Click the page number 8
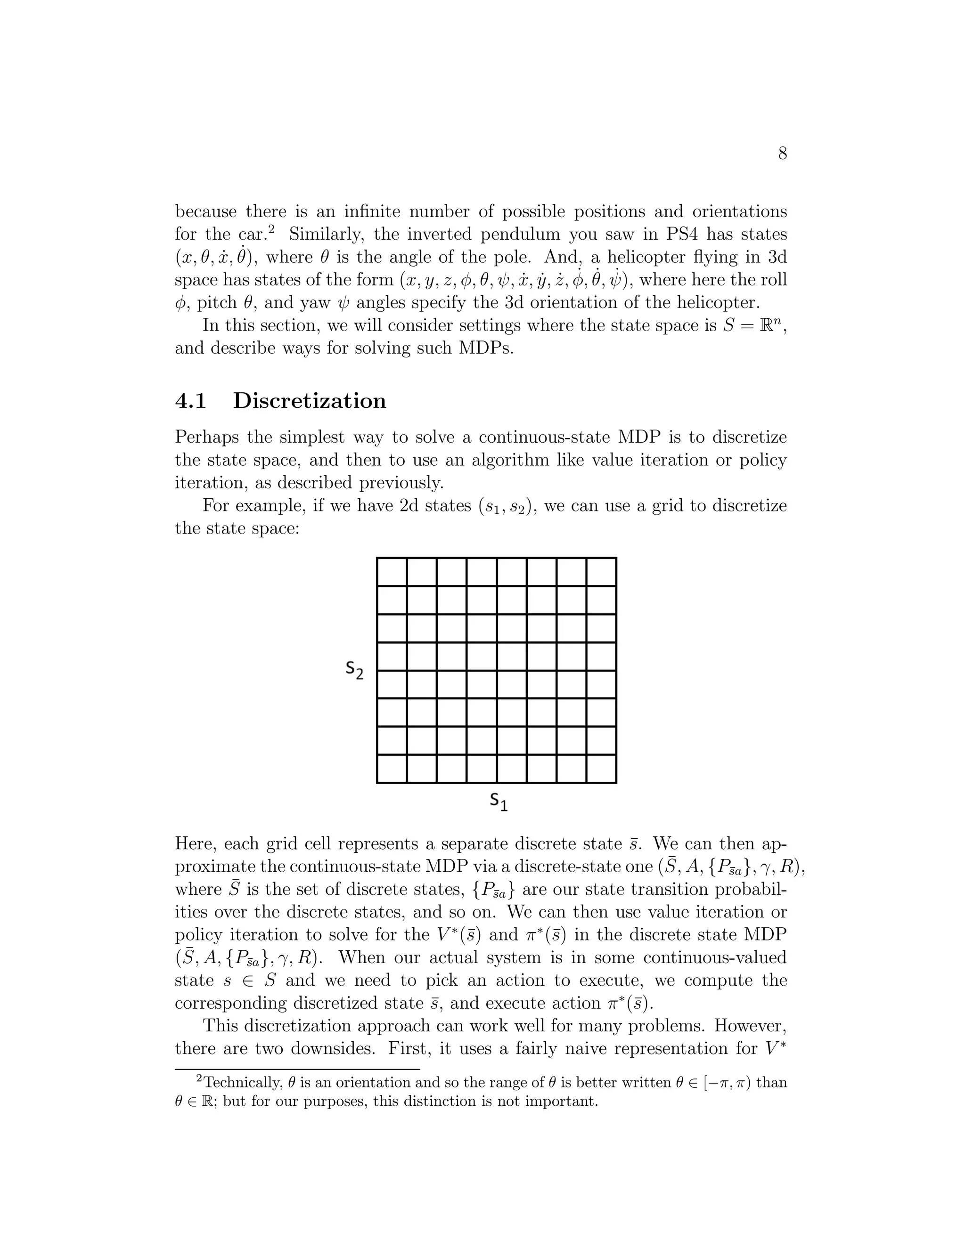click(x=782, y=153)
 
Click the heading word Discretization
click(x=309, y=401)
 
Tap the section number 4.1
click(x=190, y=401)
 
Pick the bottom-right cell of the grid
click(x=601, y=769)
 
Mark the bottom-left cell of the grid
click(x=392, y=769)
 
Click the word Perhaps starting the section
click(x=206, y=438)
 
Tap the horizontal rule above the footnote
click(x=297, y=1069)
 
